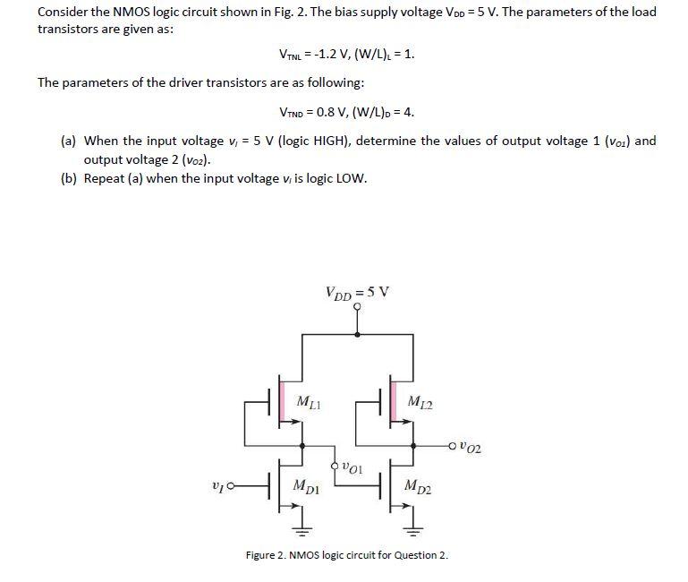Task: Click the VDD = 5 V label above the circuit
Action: [x=358, y=292]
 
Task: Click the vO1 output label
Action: [x=351, y=467]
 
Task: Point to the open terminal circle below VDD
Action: [x=358, y=306]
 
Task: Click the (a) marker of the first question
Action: [x=68, y=141]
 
